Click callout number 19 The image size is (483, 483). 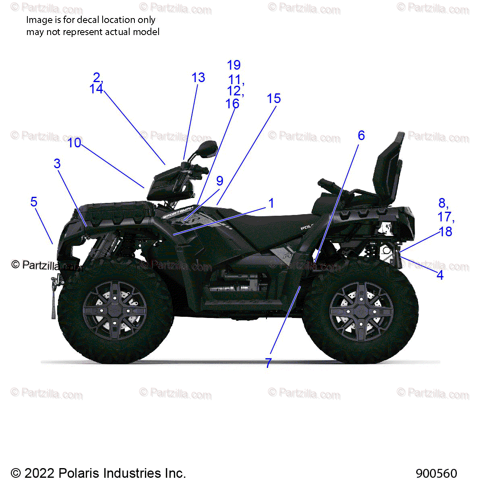(x=234, y=65)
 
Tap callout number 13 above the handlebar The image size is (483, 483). (x=198, y=78)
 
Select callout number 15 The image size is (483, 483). (x=274, y=99)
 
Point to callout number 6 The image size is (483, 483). (x=361, y=136)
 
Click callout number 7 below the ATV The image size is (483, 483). (x=268, y=363)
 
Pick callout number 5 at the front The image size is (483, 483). (x=34, y=202)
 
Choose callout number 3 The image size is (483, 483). (x=57, y=164)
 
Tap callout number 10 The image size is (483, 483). (x=74, y=143)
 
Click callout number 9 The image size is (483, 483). (x=219, y=181)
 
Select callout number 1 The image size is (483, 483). (x=271, y=203)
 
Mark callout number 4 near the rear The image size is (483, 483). (x=440, y=275)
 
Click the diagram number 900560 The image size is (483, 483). (x=436, y=473)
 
